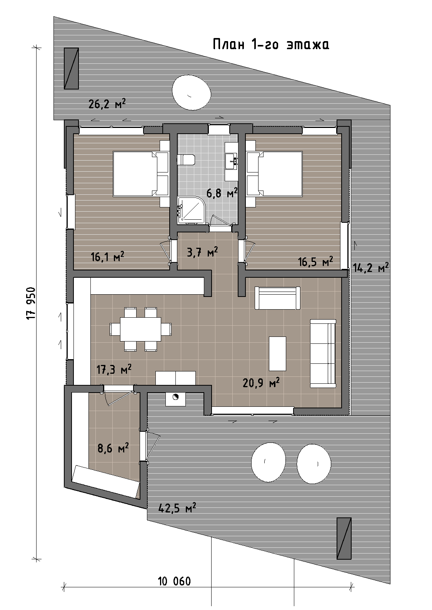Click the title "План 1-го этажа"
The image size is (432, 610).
271,45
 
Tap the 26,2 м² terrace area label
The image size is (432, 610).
107,104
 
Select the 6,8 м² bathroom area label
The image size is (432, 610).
222,193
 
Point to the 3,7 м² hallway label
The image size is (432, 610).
202,252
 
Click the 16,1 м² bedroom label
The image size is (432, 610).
107,257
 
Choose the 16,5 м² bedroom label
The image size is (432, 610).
315,262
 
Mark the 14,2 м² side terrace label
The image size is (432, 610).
371,268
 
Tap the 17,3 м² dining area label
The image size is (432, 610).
114,370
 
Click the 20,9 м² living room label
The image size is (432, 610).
261,383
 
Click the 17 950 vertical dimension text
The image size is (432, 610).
32,303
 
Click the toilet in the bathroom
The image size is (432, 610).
186,160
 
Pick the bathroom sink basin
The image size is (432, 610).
232,161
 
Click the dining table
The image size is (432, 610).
140,329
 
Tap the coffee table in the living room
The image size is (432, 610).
277,353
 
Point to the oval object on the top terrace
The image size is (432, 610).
192,92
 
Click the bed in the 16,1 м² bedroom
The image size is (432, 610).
140,174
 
